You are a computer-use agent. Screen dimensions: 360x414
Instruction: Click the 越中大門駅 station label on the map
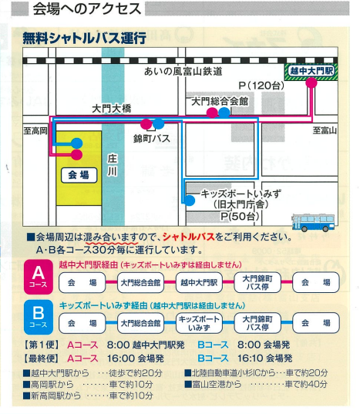coord(311,71)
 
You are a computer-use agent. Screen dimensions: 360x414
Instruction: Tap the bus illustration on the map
coord(313,223)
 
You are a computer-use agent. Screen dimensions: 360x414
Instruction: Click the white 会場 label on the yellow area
coord(79,175)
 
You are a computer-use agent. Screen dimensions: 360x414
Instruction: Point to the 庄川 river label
coord(113,165)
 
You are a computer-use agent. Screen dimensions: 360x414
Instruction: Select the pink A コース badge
coord(39,277)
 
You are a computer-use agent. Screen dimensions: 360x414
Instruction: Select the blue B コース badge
coord(39,317)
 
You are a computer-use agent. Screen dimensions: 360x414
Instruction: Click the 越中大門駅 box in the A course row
coord(199,283)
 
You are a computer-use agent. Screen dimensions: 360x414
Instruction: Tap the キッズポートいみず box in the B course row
coord(199,323)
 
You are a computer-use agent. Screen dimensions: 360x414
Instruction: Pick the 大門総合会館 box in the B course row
coord(140,323)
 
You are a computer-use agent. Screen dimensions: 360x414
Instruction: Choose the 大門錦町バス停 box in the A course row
coord(257,283)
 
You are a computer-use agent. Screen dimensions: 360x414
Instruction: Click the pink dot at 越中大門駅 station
coord(311,83)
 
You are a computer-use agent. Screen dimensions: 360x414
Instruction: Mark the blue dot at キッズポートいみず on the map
coord(189,200)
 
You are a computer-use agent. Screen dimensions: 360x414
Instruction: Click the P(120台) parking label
coord(261,86)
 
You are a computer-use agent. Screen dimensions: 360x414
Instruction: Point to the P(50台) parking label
coord(240,216)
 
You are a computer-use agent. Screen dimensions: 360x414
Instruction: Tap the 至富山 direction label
coord(325,130)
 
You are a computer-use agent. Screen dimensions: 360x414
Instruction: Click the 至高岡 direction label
coord(35,130)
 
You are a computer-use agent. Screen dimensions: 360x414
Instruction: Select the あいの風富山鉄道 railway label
coord(183,71)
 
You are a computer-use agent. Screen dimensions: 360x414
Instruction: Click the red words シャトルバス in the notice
coord(188,237)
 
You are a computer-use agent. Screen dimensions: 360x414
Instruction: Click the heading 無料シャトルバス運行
coord(85,38)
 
